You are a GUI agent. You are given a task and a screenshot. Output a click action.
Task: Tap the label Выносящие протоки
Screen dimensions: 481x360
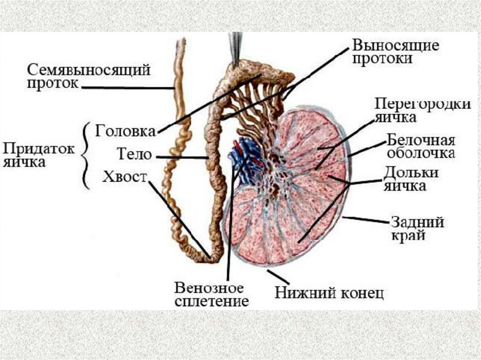click(x=396, y=52)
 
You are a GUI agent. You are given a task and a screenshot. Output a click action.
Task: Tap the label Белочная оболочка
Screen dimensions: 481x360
click(x=420, y=146)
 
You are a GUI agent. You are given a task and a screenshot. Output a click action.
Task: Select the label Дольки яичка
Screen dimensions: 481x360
click(x=411, y=179)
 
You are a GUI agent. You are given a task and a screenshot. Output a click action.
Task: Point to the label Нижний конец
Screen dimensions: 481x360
click(x=329, y=293)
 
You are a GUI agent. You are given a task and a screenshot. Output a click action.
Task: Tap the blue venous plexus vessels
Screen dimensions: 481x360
click(x=244, y=160)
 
